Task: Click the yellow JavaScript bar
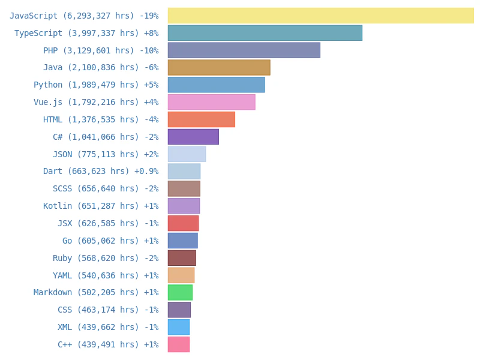[x=320, y=16]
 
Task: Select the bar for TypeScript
[x=265, y=33]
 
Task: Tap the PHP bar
[x=244, y=50]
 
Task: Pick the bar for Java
[x=219, y=67]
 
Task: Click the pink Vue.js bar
[x=211, y=102]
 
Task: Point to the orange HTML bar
[x=201, y=119]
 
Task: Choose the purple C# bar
[x=193, y=137]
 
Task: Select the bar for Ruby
[x=182, y=258]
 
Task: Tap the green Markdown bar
[x=180, y=292]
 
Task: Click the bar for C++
[x=179, y=344]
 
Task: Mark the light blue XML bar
[x=179, y=327]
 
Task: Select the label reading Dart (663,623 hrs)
[x=86, y=172]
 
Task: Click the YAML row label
[x=95, y=276]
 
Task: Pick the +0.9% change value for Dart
[x=146, y=172]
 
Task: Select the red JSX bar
[x=183, y=223]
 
